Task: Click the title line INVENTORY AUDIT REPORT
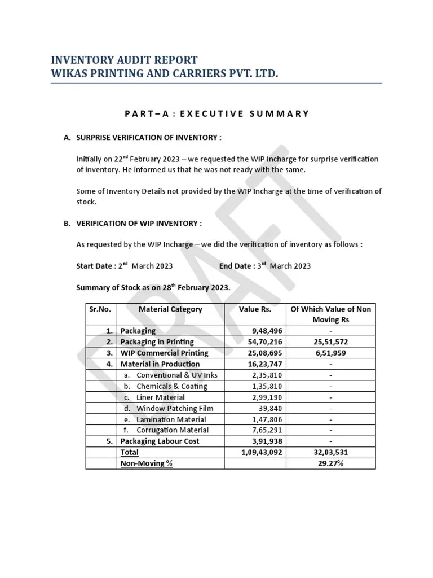coord(124,60)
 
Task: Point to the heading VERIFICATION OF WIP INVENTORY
coord(139,224)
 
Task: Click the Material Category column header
coord(170,309)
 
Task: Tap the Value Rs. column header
coord(255,309)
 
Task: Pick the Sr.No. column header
coord(101,309)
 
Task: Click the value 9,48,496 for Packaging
coord(265,331)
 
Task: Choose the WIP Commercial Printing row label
coord(164,353)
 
